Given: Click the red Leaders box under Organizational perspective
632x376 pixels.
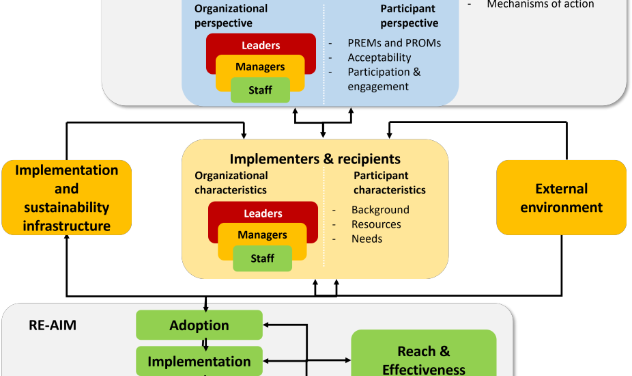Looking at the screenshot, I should click(x=261, y=45).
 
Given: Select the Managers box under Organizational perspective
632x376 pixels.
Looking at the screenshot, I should click(x=260, y=66).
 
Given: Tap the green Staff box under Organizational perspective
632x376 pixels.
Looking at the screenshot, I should click(x=260, y=90).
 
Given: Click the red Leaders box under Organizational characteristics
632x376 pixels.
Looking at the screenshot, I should click(x=263, y=213).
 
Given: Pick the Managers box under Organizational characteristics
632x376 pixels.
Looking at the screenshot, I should click(x=262, y=235).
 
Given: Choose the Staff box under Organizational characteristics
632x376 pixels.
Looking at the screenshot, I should click(x=262, y=258).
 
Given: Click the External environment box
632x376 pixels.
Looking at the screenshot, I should click(x=561, y=198).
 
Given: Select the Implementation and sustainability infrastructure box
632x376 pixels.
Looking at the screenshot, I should click(x=67, y=198).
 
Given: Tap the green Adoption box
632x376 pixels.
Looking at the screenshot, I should click(x=199, y=325).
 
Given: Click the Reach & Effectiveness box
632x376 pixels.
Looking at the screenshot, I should click(x=423, y=358).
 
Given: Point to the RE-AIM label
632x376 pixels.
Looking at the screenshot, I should click(x=53, y=325).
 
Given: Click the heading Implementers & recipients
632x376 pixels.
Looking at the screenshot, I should click(x=315, y=159).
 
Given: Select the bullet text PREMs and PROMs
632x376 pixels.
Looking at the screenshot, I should click(x=394, y=43).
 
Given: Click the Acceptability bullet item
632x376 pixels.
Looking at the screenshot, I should click(x=379, y=57).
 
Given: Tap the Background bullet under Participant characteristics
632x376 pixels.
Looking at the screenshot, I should click(x=380, y=210).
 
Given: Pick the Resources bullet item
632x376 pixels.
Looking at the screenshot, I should click(x=376, y=224).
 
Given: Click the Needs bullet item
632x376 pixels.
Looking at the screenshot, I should click(x=367, y=239).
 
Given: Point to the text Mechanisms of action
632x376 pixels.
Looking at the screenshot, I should click(x=540, y=5).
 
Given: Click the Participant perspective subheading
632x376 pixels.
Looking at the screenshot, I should click(x=409, y=16).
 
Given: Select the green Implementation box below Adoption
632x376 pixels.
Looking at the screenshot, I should click(x=199, y=362).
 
